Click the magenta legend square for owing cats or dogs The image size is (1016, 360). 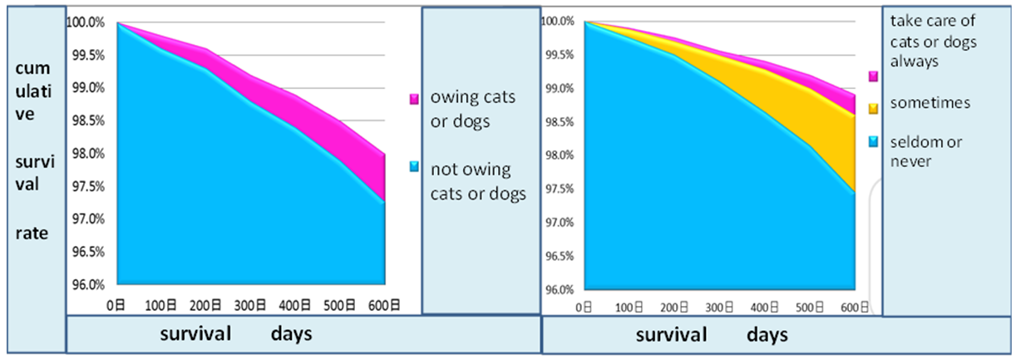pyautogui.click(x=415, y=99)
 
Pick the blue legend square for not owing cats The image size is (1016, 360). pyautogui.click(x=415, y=167)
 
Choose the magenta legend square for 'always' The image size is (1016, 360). pyautogui.click(x=873, y=76)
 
